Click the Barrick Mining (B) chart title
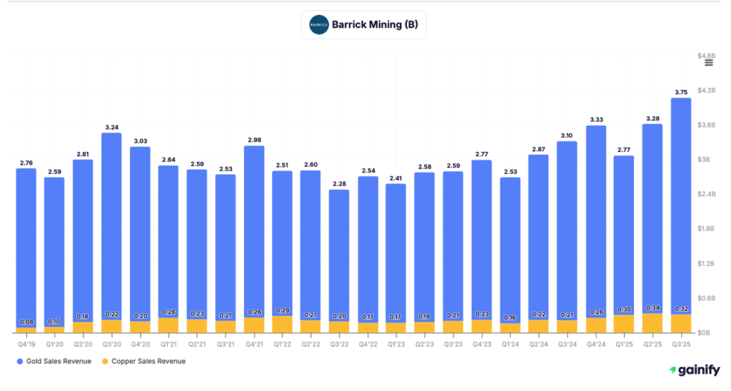(x=375, y=25)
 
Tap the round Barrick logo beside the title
(x=318, y=25)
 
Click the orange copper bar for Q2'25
(x=652, y=323)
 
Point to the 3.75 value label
(x=681, y=92)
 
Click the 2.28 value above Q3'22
(x=339, y=183)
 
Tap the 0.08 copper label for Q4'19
(x=26, y=323)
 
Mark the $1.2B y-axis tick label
(x=706, y=264)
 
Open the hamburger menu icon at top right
(x=709, y=63)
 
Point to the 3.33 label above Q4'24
(x=595, y=119)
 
